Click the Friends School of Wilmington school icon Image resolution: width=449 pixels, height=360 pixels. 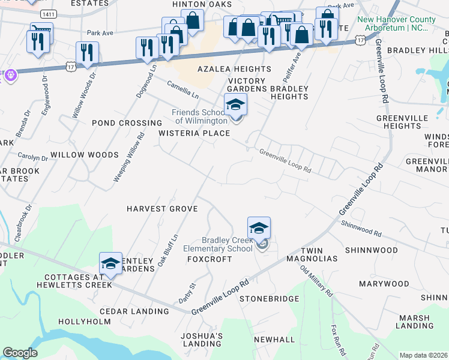click(x=235, y=106)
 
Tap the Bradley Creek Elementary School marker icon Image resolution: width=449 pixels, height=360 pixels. click(x=259, y=229)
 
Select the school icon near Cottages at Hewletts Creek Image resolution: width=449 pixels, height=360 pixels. click(x=110, y=264)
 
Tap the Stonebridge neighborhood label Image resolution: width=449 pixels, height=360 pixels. click(x=269, y=298)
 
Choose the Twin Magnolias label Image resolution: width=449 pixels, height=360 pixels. click(x=319, y=254)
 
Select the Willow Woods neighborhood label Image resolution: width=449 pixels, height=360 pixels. click(x=85, y=155)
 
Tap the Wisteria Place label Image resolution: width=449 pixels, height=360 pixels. click(x=194, y=133)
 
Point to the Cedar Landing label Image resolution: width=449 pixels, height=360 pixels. click(x=134, y=311)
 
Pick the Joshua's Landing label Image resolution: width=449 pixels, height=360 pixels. click(x=202, y=340)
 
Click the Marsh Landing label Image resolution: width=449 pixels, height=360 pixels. click(x=415, y=322)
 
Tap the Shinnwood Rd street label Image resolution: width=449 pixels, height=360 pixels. click(x=361, y=228)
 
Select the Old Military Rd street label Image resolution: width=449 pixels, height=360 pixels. click(x=316, y=280)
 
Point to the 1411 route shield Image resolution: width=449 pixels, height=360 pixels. click(x=49, y=13)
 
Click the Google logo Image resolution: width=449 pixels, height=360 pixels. click(x=20, y=353)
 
